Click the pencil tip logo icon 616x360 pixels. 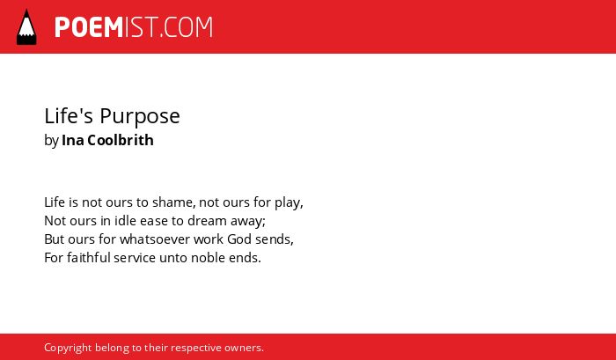(x=26, y=26)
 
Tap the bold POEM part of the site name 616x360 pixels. (x=89, y=27)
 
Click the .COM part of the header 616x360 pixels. (x=186, y=27)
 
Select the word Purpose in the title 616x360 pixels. (x=139, y=116)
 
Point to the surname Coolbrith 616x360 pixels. (x=121, y=140)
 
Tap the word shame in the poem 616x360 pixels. (x=172, y=202)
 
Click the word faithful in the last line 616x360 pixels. (x=89, y=258)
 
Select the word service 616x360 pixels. (x=135, y=258)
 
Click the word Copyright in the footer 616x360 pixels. (x=68, y=349)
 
